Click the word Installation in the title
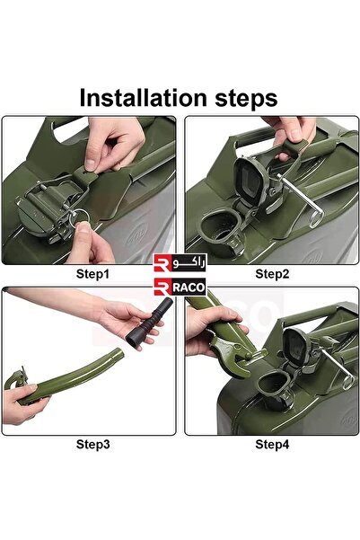coord(143,98)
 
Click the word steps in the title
coord(246,100)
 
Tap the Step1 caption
coord(92,274)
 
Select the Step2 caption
coord(272,274)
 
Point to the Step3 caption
coord(93,444)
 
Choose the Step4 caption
coord(272,444)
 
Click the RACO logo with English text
coord(180,288)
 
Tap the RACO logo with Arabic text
coord(180,263)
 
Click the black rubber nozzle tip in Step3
coord(149,323)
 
